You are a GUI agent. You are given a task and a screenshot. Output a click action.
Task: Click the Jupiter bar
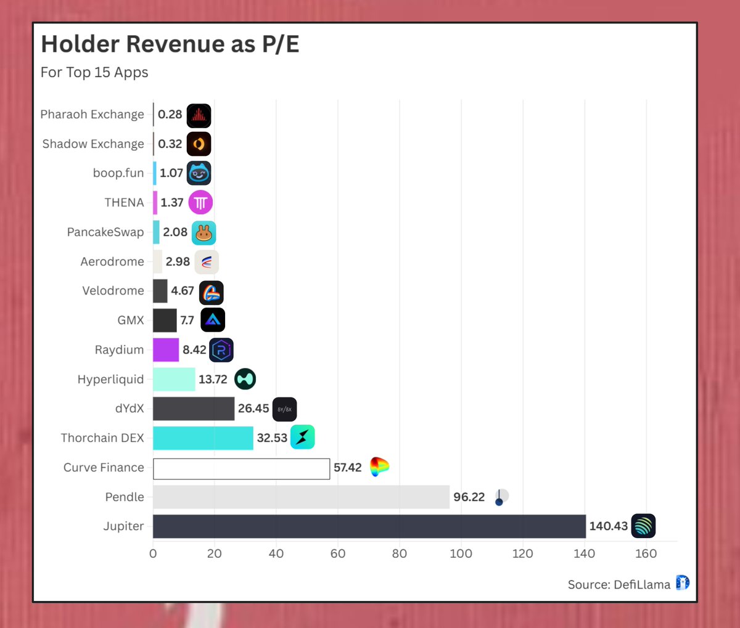coord(369,526)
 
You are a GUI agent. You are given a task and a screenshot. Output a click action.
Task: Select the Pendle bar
coord(301,497)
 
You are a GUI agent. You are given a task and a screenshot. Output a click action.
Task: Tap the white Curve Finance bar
coord(241,468)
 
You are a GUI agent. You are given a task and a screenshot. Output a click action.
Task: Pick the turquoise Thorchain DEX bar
coord(203,438)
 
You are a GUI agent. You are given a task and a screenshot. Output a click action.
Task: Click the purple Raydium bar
coord(166,349)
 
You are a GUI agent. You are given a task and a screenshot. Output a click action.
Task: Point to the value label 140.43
coord(608,526)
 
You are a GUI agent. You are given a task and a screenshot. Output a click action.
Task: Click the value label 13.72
coord(213,379)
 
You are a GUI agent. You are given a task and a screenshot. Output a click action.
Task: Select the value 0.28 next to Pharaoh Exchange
coord(170,115)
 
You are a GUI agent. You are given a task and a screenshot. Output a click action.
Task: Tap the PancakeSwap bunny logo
coord(203,233)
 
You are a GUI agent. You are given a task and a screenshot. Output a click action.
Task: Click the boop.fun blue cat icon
coord(199,173)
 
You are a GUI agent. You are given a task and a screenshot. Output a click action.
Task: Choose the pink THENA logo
coord(200,202)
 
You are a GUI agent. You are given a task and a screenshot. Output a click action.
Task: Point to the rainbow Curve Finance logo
coord(379,467)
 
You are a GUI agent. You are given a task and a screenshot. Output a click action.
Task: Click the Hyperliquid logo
coord(245,379)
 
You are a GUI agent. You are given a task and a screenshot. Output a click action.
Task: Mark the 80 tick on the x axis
coord(399,553)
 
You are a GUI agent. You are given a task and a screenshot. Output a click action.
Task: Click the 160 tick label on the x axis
coord(646,553)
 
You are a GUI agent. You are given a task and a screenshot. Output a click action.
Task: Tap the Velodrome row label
coord(113,291)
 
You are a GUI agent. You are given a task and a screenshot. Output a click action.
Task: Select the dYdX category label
coord(129,409)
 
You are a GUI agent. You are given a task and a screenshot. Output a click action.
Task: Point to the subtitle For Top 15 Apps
coord(94,73)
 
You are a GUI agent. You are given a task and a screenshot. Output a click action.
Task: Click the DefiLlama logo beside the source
coord(682,582)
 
